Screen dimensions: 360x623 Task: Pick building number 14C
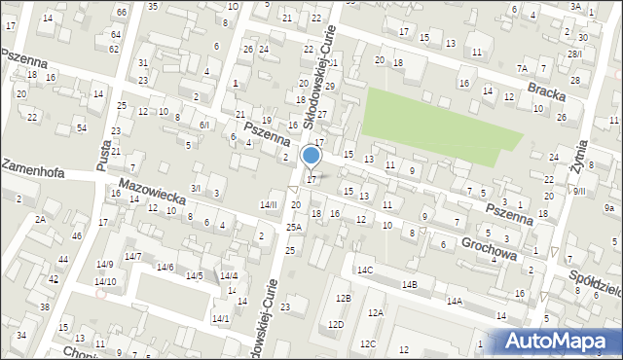(x=364, y=270)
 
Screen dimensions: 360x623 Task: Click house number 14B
(x=410, y=284)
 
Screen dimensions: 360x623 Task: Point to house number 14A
(x=454, y=302)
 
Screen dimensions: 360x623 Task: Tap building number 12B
(x=343, y=298)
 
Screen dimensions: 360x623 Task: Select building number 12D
(x=336, y=324)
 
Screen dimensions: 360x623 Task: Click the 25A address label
(x=293, y=227)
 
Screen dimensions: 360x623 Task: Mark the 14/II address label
(x=268, y=204)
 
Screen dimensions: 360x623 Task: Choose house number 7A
(x=522, y=68)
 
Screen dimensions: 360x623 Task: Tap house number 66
(x=121, y=12)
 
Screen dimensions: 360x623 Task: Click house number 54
(x=82, y=128)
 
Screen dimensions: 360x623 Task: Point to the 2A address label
(x=40, y=219)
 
